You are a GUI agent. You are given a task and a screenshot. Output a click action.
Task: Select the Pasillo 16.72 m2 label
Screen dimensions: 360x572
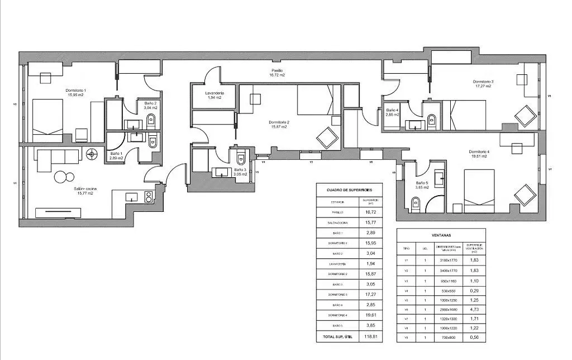[x=277, y=73]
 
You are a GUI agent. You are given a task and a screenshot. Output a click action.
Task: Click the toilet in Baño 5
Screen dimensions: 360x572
[x=414, y=205]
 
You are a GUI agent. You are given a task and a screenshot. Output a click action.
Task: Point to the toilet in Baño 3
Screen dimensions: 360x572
[x=240, y=155]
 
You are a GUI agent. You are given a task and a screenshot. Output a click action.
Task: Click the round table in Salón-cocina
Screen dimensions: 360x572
[x=64, y=177]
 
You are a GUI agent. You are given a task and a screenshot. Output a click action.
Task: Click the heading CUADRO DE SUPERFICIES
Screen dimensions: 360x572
[x=349, y=190]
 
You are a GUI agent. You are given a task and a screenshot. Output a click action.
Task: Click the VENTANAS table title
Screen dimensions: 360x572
[x=441, y=235]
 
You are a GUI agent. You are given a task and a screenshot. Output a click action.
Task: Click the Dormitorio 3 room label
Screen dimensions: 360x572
[x=483, y=83]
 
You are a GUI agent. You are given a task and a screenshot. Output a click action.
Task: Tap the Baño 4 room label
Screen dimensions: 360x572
[x=392, y=112]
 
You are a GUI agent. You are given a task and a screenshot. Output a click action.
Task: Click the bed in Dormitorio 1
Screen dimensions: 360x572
[x=47, y=120]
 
